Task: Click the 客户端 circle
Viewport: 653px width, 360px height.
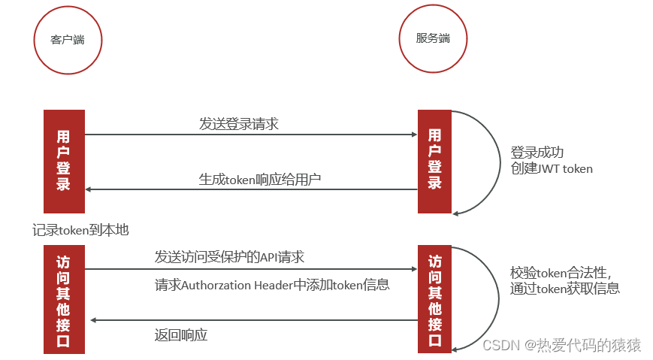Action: click(x=68, y=40)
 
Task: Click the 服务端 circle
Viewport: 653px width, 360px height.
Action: click(x=432, y=38)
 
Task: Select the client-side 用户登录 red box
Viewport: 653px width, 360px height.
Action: click(x=64, y=161)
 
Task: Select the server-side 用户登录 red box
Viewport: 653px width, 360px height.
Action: click(x=434, y=161)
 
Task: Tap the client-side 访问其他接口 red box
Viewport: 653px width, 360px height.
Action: click(x=64, y=300)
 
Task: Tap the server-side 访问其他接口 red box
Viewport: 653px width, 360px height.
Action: click(x=434, y=300)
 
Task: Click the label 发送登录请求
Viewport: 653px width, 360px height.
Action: click(x=239, y=124)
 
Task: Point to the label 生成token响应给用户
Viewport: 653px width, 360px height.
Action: click(x=259, y=179)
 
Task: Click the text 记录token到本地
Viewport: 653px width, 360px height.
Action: click(x=86, y=228)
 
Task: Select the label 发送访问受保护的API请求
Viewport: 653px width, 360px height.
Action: click(x=230, y=257)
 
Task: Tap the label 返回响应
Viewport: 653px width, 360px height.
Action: click(x=181, y=335)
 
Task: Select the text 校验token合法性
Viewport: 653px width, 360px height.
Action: click(x=560, y=272)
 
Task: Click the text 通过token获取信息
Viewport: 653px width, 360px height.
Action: click(x=564, y=289)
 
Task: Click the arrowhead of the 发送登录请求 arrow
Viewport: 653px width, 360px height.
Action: click(x=414, y=135)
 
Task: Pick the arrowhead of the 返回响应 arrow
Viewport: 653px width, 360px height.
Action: click(x=93, y=321)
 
